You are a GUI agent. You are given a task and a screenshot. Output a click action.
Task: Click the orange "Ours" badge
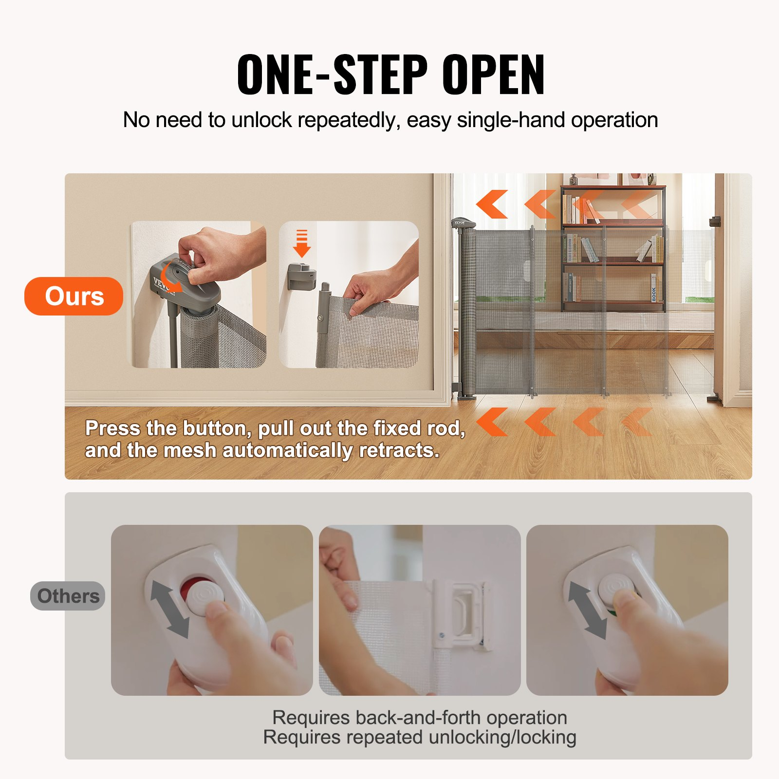[74, 296]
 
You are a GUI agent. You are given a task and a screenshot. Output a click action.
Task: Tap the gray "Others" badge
[68, 596]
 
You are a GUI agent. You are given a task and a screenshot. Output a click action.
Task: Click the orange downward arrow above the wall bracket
[302, 243]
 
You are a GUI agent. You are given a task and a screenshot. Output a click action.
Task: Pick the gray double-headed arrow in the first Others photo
[169, 609]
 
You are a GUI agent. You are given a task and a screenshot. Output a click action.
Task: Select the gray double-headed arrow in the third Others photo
[588, 610]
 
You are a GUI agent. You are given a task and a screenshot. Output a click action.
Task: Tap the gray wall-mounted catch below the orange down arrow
[302, 276]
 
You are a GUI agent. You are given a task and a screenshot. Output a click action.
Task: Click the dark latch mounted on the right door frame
[714, 222]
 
